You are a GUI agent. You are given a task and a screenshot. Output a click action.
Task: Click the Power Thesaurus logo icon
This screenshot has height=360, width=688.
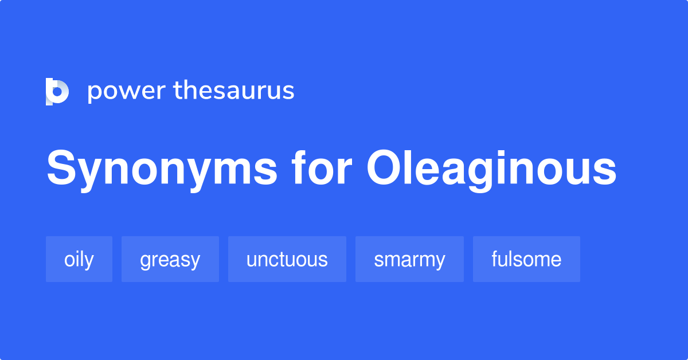pyautogui.click(x=57, y=91)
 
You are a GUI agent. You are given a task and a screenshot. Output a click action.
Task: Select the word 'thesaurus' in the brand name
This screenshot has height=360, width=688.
pyautogui.click(x=234, y=91)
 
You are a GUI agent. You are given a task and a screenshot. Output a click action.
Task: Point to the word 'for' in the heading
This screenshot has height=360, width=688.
pyautogui.click(x=322, y=169)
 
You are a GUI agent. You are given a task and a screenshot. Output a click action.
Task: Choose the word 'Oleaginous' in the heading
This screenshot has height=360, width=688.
pyautogui.click(x=491, y=169)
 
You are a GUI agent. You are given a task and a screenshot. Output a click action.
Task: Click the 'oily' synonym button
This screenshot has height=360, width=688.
pyautogui.click(x=79, y=259)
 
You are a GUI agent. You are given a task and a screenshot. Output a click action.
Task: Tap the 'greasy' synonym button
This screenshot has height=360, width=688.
pyautogui.click(x=170, y=259)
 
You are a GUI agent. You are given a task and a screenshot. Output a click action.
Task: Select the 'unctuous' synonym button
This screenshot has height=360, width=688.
pyautogui.click(x=287, y=259)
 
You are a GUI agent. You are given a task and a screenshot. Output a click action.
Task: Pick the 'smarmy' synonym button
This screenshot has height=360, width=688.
pyautogui.click(x=409, y=259)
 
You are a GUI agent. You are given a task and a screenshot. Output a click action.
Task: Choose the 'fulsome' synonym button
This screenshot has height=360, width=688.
pyautogui.click(x=526, y=259)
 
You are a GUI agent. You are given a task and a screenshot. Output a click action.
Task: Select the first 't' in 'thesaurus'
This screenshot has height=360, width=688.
pyautogui.click(x=177, y=91)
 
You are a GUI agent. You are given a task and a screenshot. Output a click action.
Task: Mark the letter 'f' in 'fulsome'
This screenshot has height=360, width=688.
pyautogui.click(x=495, y=259)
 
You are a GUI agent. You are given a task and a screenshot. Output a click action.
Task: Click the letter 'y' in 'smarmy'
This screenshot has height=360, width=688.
pyautogui.click(x=439, y=262)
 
